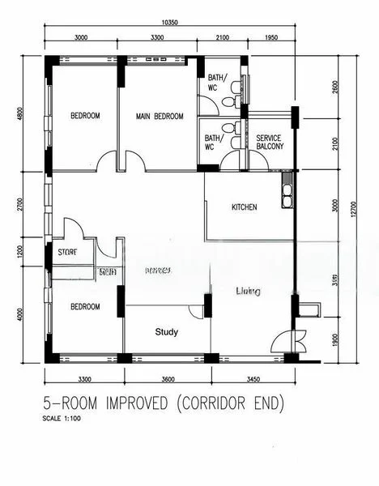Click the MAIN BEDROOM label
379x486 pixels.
[158, 116]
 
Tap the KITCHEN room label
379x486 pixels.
[244, 207]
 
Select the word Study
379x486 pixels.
[167, 332]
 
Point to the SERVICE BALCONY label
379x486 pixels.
[269, 143]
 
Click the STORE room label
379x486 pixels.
[67, 253]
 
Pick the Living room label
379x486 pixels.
[248, 290]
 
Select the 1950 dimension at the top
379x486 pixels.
[271, 38]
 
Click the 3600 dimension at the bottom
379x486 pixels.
[167, 378]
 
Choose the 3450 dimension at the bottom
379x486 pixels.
[255, 378]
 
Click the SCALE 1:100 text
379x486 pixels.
[62, 420]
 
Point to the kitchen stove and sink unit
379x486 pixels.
[287, 190]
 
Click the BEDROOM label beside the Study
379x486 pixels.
[84, 307]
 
